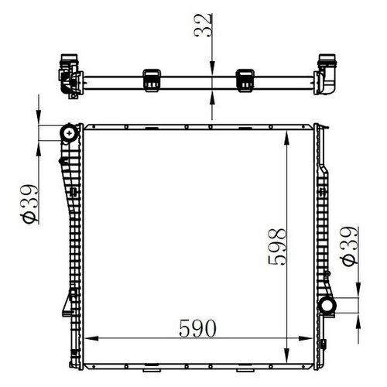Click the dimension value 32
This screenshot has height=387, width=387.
204,25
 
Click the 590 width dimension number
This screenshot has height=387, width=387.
197,328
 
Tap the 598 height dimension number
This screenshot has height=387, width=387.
277,247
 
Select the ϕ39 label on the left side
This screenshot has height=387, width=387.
30,204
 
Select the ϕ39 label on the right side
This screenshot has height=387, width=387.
350,246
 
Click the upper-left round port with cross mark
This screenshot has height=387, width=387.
69,133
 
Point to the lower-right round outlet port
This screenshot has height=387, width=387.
327,306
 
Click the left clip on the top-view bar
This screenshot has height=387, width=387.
152,80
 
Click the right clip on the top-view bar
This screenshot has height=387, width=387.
245,80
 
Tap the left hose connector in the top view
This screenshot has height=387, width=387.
70,76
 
